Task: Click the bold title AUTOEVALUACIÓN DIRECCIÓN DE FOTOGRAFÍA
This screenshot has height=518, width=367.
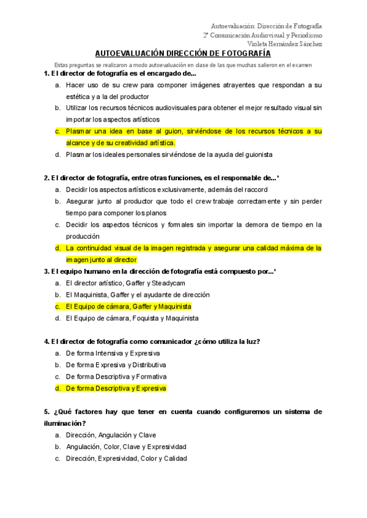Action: coord(183,53)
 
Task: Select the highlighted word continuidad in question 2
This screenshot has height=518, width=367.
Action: coord(97,248)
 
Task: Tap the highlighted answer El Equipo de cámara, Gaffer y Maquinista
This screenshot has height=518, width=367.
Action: coord(128,306)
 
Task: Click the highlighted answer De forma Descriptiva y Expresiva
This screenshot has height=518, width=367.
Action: coord(116,388)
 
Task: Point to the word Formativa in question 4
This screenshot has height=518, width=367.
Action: coord(150,376)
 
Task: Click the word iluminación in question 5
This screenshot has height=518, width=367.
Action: coord(64,423)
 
